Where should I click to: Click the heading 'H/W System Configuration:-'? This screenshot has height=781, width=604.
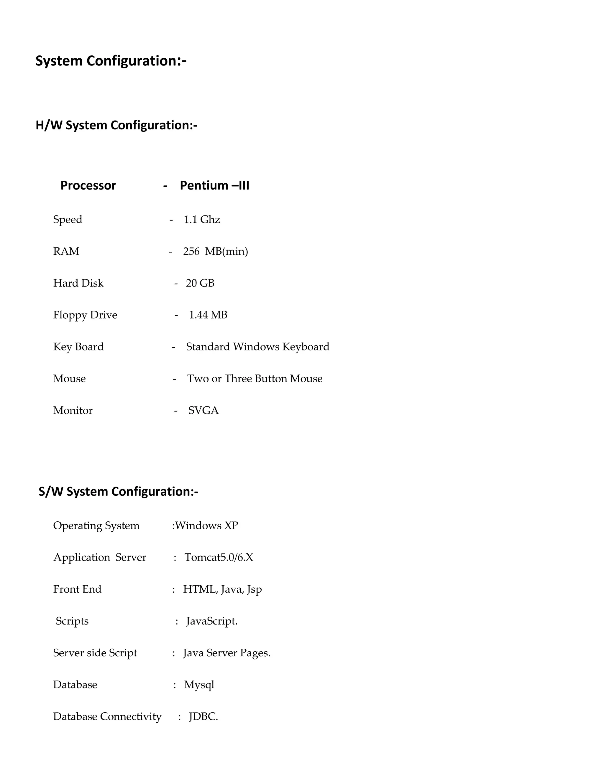[116, 125]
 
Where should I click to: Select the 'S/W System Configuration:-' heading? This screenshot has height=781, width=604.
[118, 491]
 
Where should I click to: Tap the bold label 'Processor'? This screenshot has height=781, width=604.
[88, 185]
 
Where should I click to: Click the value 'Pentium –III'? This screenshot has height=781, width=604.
[214, 185]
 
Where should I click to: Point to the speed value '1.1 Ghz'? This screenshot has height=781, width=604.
[202, 219]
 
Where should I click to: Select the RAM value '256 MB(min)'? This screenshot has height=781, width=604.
[215, 251]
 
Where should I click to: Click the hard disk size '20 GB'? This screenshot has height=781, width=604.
[200, 283]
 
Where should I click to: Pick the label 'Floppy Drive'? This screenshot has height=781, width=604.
[85, 315]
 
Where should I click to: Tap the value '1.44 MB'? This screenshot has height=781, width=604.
[208, 315]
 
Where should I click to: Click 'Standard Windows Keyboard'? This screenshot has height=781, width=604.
[258, 347]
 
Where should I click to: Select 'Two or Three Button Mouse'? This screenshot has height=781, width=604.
[255, 379]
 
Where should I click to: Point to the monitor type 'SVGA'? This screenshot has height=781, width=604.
[203, 410]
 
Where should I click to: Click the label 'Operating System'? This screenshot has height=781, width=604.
[96, 526]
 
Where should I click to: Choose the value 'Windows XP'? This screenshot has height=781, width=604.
[206, 526]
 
